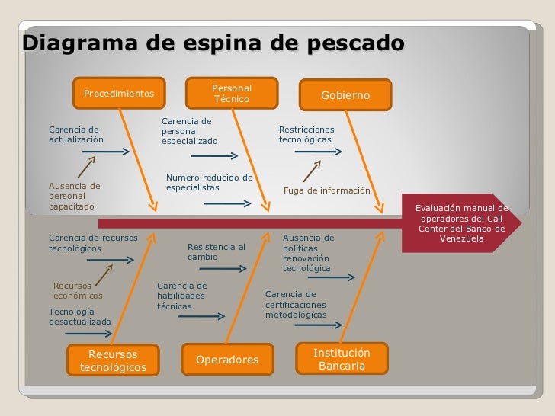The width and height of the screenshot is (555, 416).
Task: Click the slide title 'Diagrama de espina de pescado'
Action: click(x=213, y=43)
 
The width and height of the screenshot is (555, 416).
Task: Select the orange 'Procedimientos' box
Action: click(x=118, y=94)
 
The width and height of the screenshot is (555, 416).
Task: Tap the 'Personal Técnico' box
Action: click(x=231, y=94)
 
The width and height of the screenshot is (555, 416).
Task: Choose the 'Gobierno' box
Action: click(x=345, y=95)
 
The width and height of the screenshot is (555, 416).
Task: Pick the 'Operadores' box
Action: click(x=227, y=360)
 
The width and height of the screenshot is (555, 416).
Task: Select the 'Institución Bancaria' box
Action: click(x=342, y=360)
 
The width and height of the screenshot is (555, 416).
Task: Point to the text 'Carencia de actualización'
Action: click(x=75, y=135)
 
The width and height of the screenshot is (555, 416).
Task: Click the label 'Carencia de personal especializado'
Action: click(x=189, y=131)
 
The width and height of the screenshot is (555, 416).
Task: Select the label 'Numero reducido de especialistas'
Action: click(x=208, y=182)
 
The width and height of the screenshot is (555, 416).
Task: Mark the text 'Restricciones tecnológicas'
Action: click(x=306, y=135)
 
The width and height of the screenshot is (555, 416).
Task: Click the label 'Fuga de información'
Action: click(x=326, y=190)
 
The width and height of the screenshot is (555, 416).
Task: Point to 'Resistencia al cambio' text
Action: click(x=216, y=251)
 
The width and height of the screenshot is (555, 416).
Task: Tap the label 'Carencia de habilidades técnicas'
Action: click(x=181, y=296)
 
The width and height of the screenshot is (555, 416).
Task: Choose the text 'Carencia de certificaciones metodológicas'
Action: click(x=297, y=304)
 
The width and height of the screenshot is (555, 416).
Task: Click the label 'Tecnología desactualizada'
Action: click(x=79, y=316)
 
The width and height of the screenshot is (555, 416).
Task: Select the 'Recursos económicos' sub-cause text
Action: click(x=78, y=290)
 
